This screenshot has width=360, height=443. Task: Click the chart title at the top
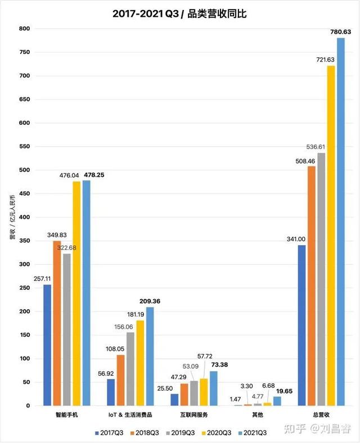click(x=180, y=13)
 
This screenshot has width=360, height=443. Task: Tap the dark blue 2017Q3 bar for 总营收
click(x=302, y=326)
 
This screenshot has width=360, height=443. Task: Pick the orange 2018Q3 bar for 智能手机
click(x=57, y=323)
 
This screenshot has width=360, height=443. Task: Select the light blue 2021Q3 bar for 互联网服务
click(x=213, y=388)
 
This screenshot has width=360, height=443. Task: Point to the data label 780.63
click(x=340, y=31)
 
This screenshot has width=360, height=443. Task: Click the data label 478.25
click(x=94, y=175)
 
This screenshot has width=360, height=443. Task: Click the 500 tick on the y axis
click(x=24, y=170)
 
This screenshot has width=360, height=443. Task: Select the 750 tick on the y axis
click(x=24, y=52)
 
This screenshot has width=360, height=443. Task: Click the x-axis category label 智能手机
click(x=66, y=415)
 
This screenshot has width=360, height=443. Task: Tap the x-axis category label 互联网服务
click(x=193, y=415)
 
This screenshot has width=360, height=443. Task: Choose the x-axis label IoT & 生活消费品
click(x=130, y=415)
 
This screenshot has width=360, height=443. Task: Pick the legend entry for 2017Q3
click(x=110, y=432)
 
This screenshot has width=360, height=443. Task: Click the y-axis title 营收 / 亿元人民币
click(x=12, y=217)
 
